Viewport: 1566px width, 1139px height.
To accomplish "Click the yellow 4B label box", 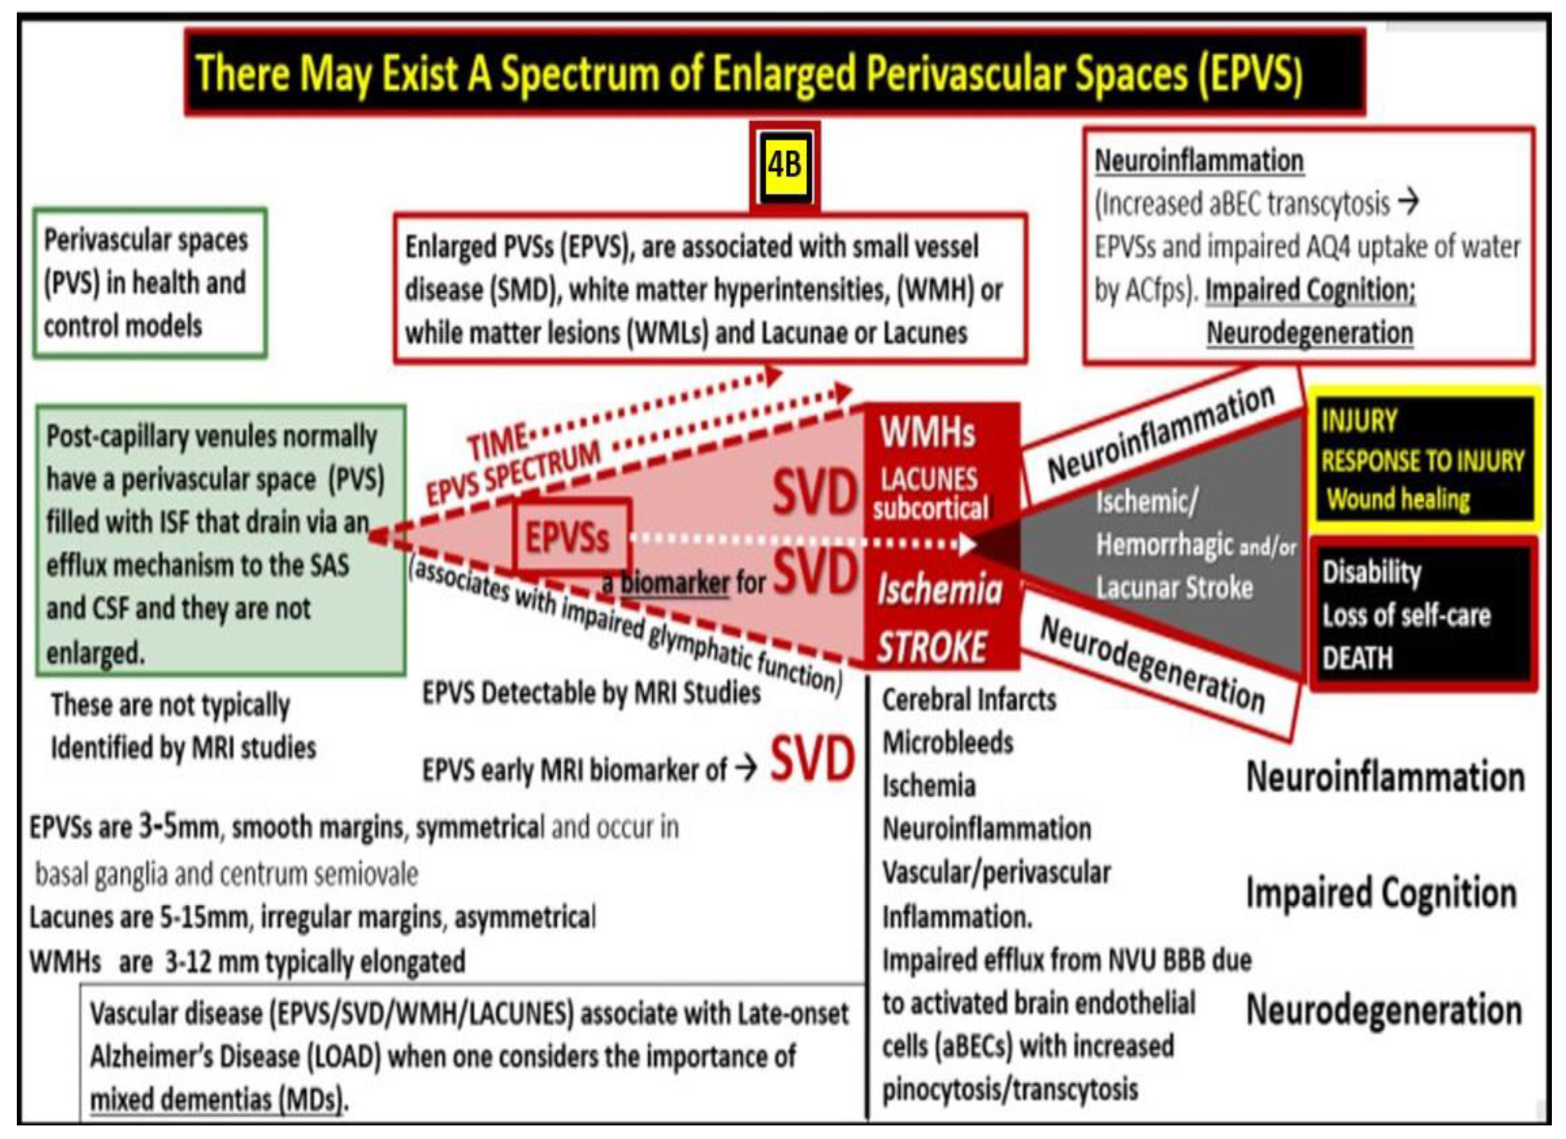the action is click(x=785, y=166).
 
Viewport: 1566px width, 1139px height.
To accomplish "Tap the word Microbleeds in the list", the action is click(x=947, y=743).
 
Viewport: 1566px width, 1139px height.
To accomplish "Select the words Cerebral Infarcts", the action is click(x=969, y=700).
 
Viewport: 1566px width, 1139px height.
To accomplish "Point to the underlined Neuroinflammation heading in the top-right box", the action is click(x=1199, y=161).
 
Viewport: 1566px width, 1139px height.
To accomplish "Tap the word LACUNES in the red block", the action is click(x=929, y=478).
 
